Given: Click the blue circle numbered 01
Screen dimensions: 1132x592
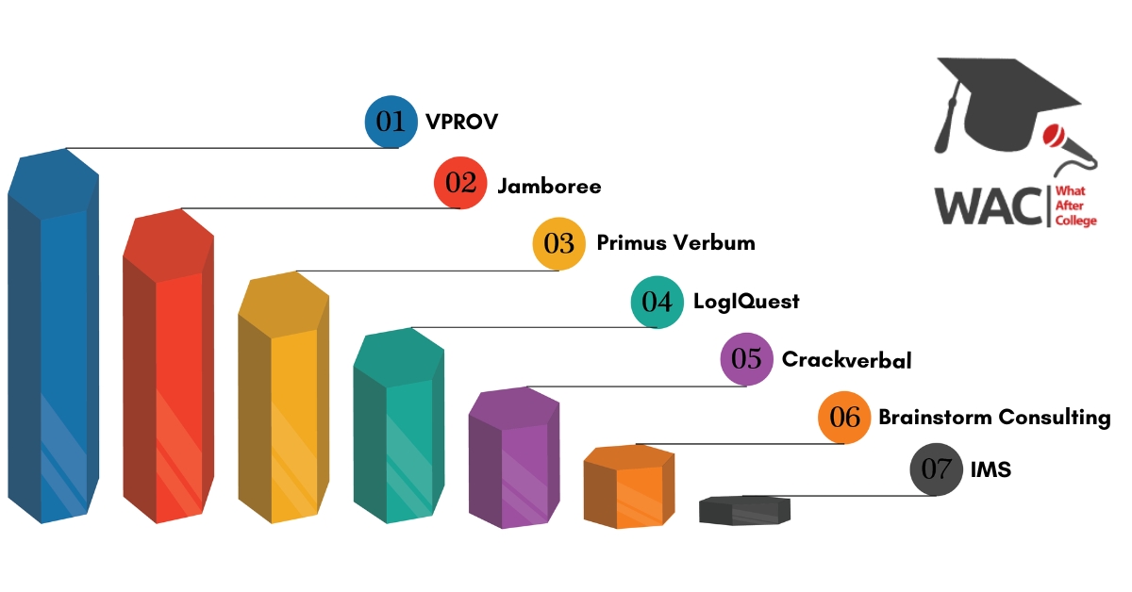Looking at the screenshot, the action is click(391, 122).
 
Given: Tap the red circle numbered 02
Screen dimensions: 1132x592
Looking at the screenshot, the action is click(460, 182).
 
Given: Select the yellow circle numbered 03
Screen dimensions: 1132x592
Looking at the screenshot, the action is click(558, 243).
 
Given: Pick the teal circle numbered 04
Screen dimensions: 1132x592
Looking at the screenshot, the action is click(657, 302).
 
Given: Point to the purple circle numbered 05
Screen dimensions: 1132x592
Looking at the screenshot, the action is click(746, 359).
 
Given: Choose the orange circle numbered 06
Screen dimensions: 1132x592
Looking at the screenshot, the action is click(844, 418).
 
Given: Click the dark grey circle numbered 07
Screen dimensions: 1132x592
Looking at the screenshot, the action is click(937, 469).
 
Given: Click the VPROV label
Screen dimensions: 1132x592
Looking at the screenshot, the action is click(462, 122).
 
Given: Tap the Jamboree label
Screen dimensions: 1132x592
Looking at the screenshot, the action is click(549, 187).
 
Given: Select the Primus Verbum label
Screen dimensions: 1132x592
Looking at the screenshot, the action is click(676, 243).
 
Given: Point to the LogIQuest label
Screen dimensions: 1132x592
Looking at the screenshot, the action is click(746, 302).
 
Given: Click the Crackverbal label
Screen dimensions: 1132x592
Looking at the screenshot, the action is click(847, 360).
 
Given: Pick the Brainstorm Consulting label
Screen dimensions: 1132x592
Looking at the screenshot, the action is click(994, 418).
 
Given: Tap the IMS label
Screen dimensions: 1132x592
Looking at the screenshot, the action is click(991, 469).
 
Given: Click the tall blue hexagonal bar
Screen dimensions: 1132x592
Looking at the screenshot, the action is click(53, 336).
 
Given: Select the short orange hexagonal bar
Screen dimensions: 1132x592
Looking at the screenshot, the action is click(629, 487).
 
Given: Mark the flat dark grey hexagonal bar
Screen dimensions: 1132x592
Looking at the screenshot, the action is click(744, 511).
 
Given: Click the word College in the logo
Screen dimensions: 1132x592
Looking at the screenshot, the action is click(1076, 222).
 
